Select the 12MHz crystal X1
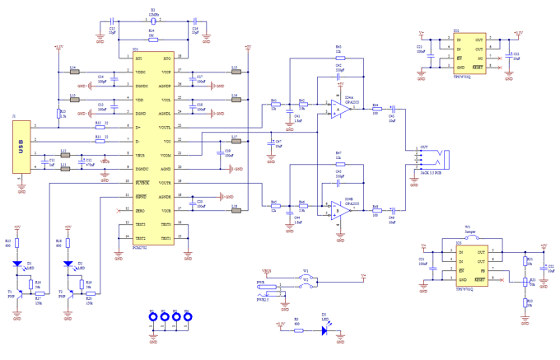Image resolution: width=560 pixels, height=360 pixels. point(153,19)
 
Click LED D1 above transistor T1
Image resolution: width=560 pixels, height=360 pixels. point(18,264)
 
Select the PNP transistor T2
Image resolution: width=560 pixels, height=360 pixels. point(65,293)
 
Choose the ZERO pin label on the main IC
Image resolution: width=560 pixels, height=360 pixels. point(140,211)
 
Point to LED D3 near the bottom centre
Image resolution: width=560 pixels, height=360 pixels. point(324,330)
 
